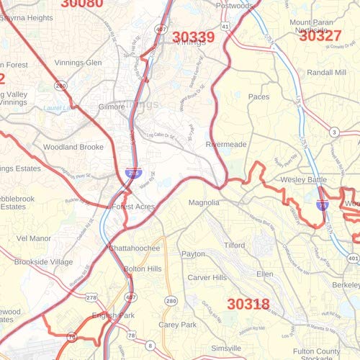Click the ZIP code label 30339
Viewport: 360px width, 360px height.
[x=193, y=37]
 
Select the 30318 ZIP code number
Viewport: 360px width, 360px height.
[x=248, y=304]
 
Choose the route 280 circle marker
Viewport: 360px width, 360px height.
[x=171, y=300]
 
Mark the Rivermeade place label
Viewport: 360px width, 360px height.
[x=226, y=144]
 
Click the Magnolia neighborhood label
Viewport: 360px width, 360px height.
[x=204, y=203]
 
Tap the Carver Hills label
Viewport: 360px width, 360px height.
[x=207, y=277]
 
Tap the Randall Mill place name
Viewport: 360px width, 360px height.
[x=328, y=73]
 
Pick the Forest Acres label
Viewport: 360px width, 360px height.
[x=134, y=207]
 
